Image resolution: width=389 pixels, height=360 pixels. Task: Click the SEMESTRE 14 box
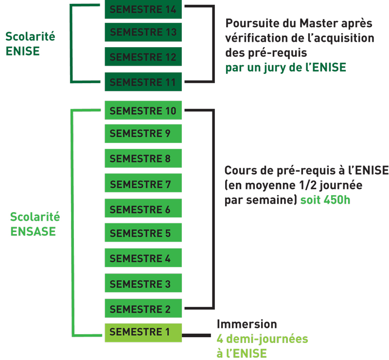[x=143, y=9]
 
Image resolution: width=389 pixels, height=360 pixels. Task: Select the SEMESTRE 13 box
[x=143, y=32]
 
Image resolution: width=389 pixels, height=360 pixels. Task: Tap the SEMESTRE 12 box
[x=143, y=57]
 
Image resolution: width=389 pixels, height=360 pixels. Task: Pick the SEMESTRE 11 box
[x=143, y=82]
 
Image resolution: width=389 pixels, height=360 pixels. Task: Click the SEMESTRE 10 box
[x=143, y=110]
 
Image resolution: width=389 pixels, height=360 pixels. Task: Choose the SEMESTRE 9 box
[x=143, y=133]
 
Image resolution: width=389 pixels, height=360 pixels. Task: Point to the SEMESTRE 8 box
[x=143, y=159]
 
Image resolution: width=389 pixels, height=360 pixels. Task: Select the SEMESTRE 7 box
[x=143, y=184]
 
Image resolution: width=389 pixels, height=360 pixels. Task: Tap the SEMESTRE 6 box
[x=143, y=209]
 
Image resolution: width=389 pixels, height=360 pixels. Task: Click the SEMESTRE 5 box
[x=143, y=233]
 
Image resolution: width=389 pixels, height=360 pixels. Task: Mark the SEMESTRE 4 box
[x=143, y=258]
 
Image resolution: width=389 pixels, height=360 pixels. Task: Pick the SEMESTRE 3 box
[x=143, y=283]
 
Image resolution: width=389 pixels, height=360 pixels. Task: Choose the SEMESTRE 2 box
[x=143, y=308]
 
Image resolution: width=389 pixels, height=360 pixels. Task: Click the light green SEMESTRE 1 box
[x=143, y=332]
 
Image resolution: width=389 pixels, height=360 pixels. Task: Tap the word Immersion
[x=247, y=324]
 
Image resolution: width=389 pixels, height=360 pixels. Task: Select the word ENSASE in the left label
[x=33, y=231]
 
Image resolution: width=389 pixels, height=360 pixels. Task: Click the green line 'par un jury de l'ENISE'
[x=286, y=67]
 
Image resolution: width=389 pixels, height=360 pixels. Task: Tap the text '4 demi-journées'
[x=262, y=339]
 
